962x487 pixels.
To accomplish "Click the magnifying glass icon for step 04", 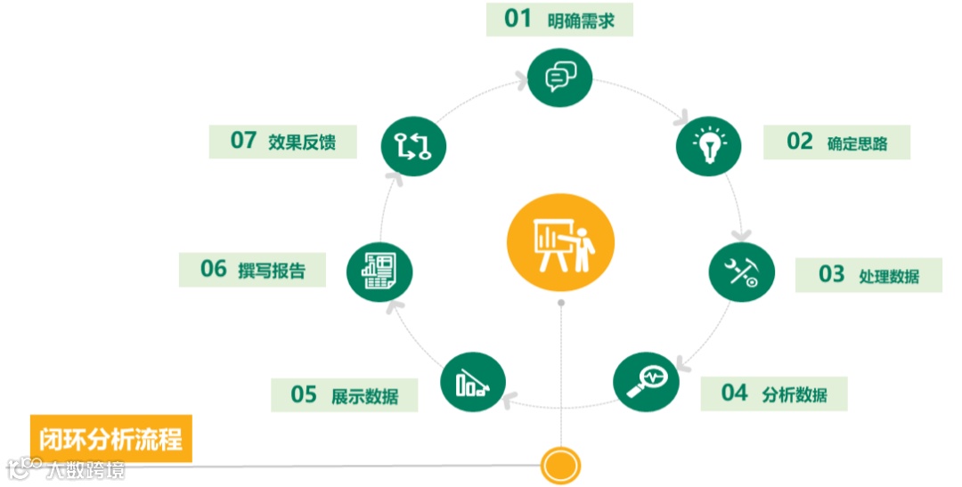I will pyautogui.click(x=646, y=381).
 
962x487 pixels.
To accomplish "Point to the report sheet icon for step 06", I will pyautogui.click(x=380, y=268).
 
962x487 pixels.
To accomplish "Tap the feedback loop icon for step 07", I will pyautogui.click(x=413, y=144).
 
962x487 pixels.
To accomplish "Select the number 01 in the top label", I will pyautogui.click(x=518, y=19).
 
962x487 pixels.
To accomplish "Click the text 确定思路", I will pyautogui.click(x=857, y=143).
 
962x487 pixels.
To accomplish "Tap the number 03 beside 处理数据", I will pyautogui.click(x=831, y=274).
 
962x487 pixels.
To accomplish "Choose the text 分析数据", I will pyautogui.click(x=795, y=394).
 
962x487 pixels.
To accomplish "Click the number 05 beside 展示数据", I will pyautogui.click(x=304, y=394).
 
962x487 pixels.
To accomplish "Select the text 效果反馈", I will pyautogui.click(x=301, y=142).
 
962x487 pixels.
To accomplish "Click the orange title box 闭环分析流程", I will pyautogui.click(x=111, y=439).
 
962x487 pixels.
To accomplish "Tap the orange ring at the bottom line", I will pyautogui.click(x=560, y=465).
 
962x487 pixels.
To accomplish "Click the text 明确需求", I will pyautogui.click(x=582, y=20).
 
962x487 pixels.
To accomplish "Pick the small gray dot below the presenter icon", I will pyautogui.click(x=561, y=304).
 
